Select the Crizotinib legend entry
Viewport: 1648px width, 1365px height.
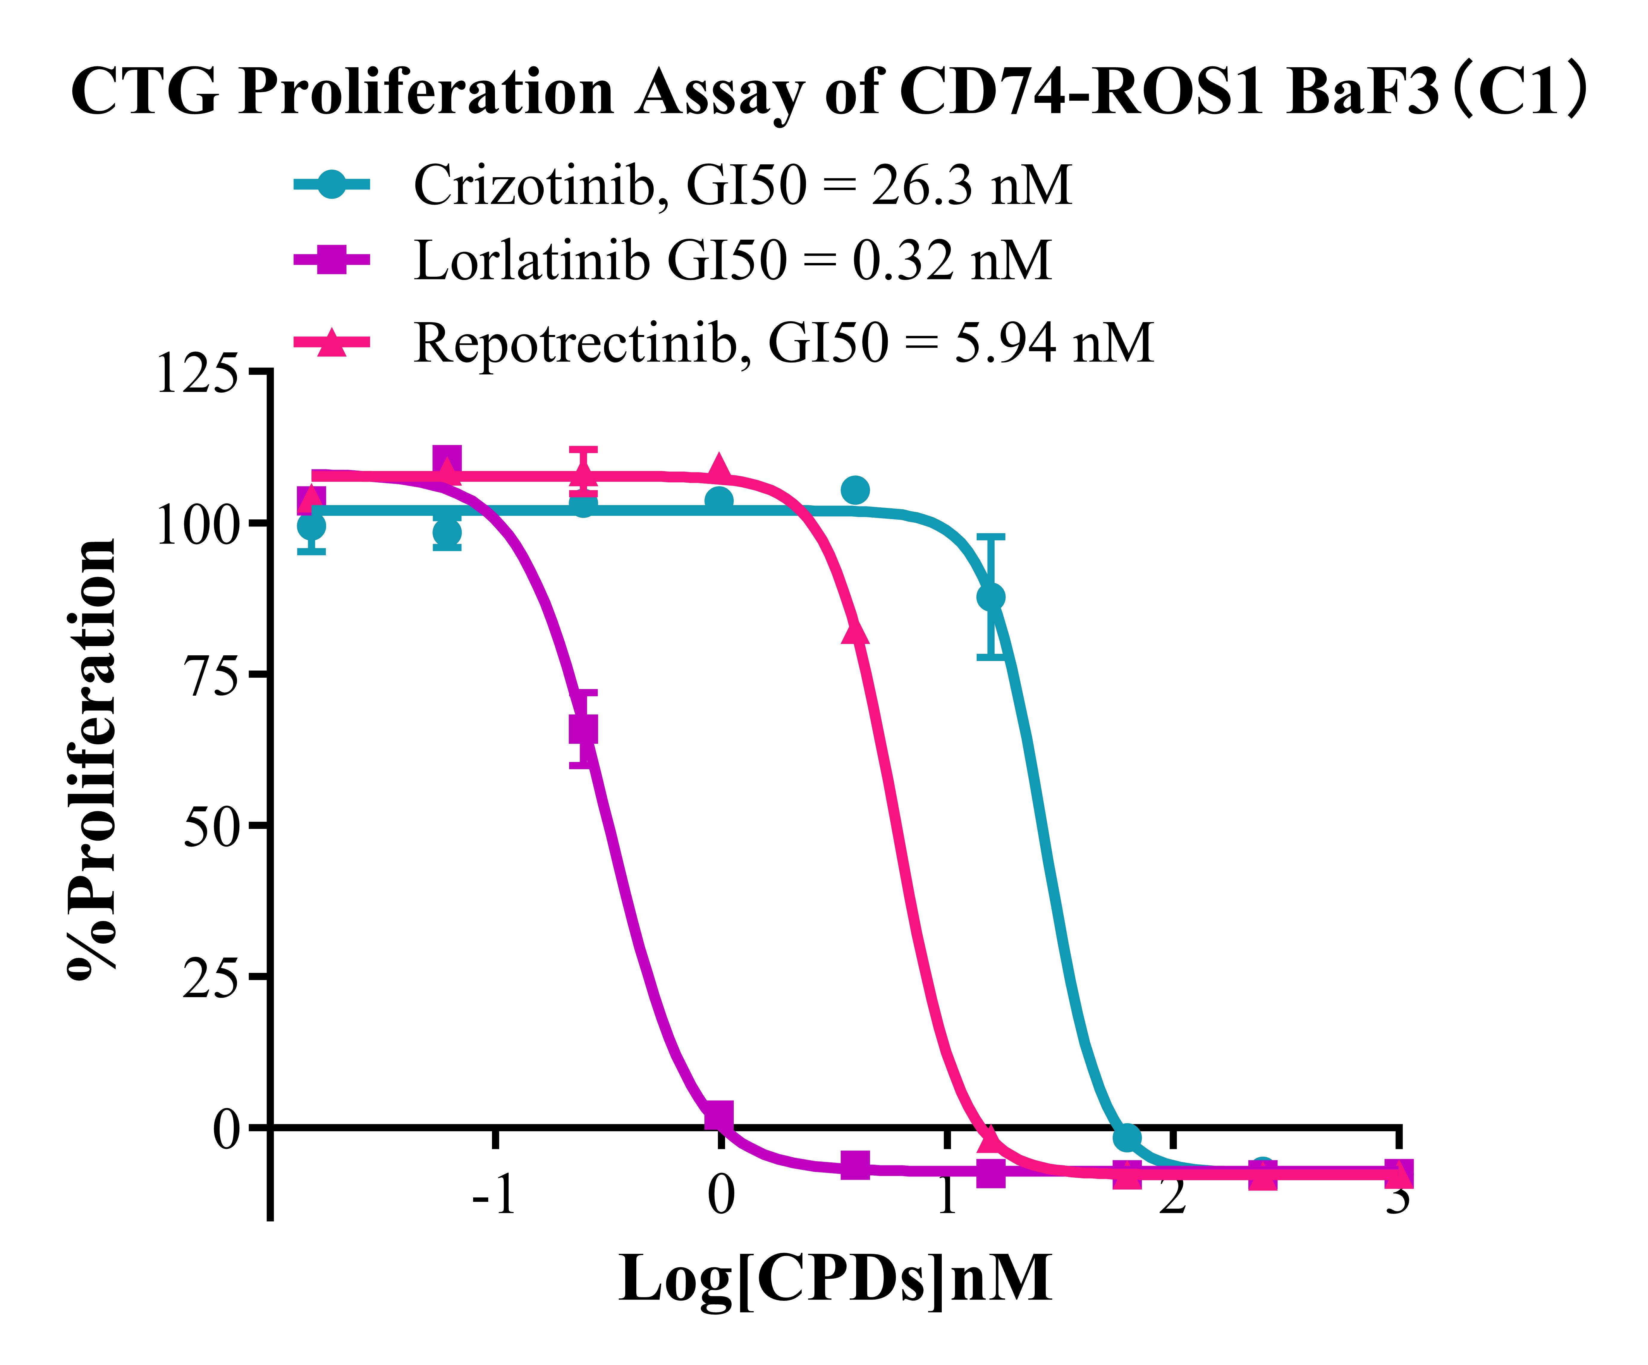click(742, 186)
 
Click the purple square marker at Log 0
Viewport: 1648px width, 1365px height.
click(719, 1114)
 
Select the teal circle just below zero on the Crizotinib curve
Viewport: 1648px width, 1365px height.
click(1127, 1137)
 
